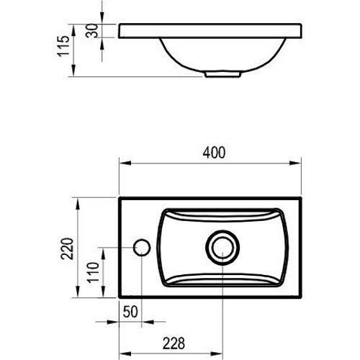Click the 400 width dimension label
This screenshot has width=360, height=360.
214,153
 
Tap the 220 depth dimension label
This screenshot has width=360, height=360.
67,248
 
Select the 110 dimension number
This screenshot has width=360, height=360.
93,272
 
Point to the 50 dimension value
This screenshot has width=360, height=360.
130,312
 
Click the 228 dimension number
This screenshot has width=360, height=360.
174,343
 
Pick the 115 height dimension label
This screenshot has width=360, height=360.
63,46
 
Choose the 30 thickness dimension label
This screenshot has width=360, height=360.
92,30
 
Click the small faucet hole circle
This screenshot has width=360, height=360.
142,248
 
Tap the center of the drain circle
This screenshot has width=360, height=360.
222,248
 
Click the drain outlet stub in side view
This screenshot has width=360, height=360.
222,74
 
